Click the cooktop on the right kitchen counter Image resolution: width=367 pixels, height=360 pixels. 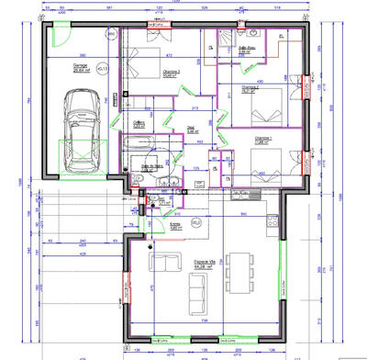pos(272,220)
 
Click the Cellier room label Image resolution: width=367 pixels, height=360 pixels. pos(139,122)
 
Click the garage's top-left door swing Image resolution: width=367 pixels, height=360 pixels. pos(58,32)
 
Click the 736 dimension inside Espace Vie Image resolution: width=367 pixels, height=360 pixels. pos(203,320)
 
